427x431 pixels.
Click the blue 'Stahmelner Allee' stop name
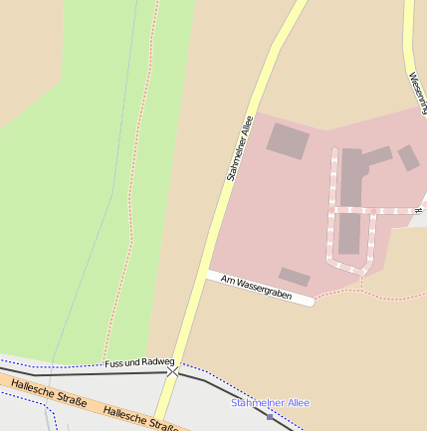pyautogui.click(x=270, y=402)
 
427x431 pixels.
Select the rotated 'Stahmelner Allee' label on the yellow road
pyautogui.click(x=240, y=149)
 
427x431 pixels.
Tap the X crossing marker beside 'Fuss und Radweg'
pyautogui.click(x=173, y=370)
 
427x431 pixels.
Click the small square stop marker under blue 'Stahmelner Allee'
pyautogui.click(x=269, y=416)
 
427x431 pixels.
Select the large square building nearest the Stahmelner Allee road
pyautogui.click(x=288, y=141)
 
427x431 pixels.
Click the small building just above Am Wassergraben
pyautogui.click(x=294, y=277)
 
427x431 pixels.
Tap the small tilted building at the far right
pyautogui.click(x=408, y=157)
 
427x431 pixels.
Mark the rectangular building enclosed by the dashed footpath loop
pyautogui.click(x=349, y=234)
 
